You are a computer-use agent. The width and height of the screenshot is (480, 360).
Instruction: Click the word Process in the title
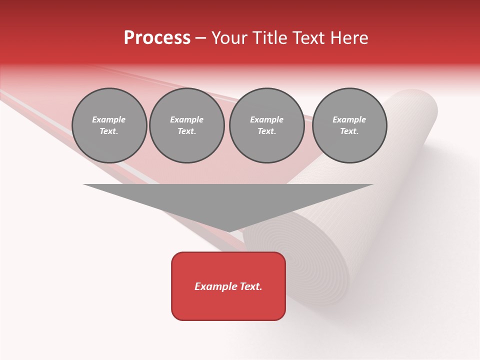click(x=157, y=38)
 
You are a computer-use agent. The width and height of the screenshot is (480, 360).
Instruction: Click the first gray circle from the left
click(x=109, y=125)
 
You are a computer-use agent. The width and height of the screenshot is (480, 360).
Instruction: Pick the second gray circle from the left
click(x=187, y=125)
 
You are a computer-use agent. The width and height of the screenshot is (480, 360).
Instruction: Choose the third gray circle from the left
click(x=267, y=125)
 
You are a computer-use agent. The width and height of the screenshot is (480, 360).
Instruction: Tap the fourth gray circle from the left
click(x=349, y=125)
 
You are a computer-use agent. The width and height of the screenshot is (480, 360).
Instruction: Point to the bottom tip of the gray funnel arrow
click(x=228, y=231)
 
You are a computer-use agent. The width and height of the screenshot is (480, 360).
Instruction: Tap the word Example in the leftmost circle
click(x=109, y=120)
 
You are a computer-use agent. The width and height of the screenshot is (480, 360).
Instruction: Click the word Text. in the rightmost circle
click(x=349, y=131)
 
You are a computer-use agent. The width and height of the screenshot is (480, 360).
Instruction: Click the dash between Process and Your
click(x=201, y=38)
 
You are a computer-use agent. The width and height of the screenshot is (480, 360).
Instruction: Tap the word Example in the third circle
click(x=267, y=120)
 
